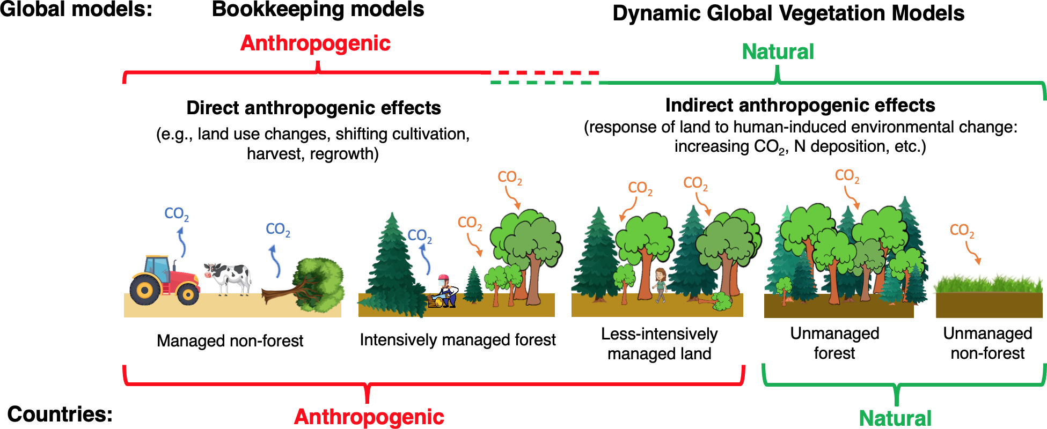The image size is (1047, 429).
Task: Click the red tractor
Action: pos(164,280)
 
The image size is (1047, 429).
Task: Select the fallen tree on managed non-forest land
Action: pos(309,284)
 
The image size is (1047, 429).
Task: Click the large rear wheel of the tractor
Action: pos(145,290)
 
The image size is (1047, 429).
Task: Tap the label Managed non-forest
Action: pos(230,341)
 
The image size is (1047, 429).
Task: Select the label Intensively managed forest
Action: pos(457,340)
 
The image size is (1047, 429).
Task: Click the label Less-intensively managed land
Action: pos(659,344)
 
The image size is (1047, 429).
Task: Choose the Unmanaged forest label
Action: pos(834,343)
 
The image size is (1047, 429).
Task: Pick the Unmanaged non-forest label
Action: pos(987,343)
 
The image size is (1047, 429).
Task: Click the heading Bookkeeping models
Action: pos(318,10)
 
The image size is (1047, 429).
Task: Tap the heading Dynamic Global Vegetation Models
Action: pos(788,13)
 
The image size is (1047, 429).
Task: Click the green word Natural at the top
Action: pos(778,52)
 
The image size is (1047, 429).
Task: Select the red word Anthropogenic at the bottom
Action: pos(369,417)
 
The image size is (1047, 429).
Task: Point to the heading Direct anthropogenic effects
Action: pos(313,108)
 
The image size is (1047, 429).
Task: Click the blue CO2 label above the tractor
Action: pos(176,214)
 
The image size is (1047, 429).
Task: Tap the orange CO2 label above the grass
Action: pos(962,231)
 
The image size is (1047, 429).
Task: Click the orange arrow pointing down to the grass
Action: pos(973,253)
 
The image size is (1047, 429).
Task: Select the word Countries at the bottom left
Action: pos(60,415)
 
